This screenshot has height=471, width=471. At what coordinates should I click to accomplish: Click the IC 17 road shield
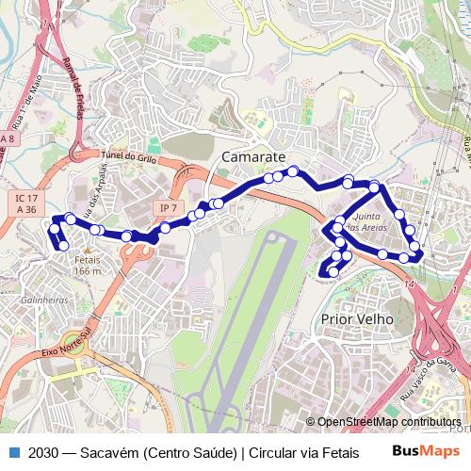(x=25, y=197)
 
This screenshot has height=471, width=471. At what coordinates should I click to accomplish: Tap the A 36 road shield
(x=25, y=210)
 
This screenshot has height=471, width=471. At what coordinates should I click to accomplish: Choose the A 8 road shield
(x=8, y=139)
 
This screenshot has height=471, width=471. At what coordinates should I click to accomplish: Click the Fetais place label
(x=87, y=259)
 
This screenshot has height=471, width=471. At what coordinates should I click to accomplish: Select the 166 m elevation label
(x=87, y=270)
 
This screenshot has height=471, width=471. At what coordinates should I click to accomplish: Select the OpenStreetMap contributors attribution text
(x=389, y=422)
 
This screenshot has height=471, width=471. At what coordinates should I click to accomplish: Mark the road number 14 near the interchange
(x=409, y=283)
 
